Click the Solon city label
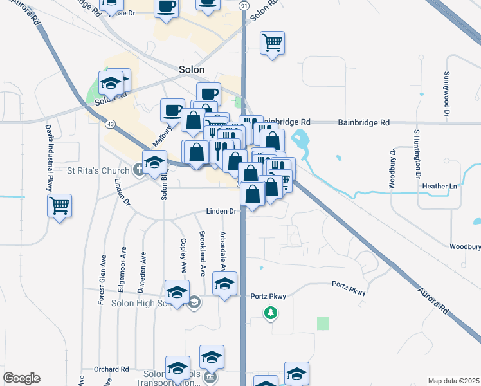191,69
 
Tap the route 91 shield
244,5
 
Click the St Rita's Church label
99,171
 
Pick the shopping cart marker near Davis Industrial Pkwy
59,206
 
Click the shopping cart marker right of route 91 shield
272,42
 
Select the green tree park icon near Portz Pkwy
271,313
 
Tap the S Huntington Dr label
417,154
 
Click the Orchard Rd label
111,369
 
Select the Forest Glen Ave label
102,282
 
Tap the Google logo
21,378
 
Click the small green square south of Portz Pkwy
323,324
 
